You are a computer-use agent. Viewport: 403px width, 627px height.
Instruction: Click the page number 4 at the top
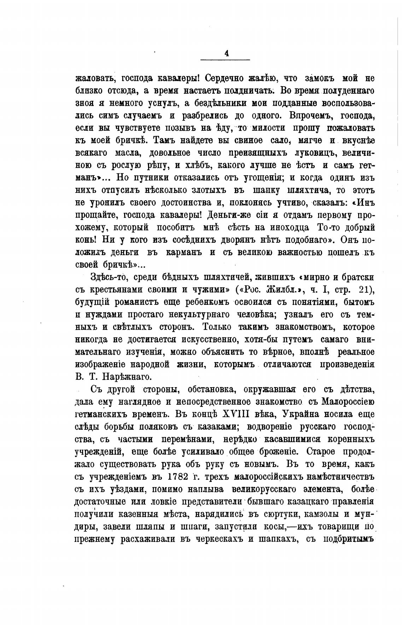coord(226,53)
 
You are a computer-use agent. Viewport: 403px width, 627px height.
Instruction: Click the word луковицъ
coord(311,153)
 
